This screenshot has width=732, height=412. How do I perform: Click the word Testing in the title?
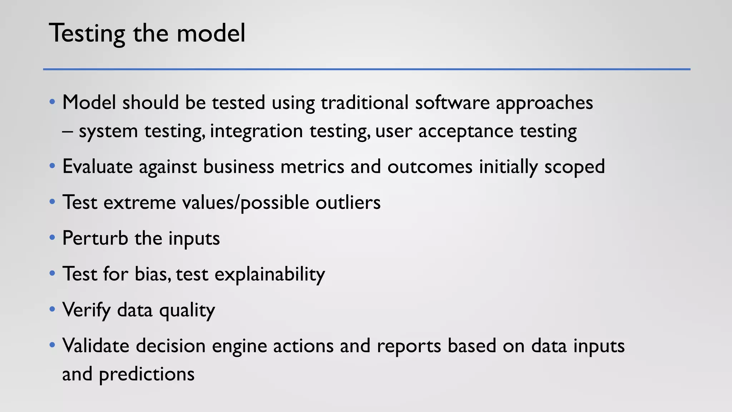(87, 33)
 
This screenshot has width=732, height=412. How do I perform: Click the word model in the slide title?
(211, 33)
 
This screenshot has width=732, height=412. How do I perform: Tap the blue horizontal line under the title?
(366, 69)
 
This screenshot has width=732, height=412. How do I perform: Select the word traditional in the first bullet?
(365, 103)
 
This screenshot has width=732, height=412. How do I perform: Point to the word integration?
(256, 131)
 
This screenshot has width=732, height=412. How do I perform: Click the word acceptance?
(466, 131)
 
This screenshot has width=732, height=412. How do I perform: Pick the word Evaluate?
(97, 167)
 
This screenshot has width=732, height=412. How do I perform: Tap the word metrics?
(312, 167)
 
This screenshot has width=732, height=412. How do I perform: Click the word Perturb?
(95, 238)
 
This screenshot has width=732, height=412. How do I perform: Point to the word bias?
(152, 274)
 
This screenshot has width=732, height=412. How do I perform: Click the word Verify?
(86, 310)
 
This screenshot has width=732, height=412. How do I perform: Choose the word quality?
(187, 310)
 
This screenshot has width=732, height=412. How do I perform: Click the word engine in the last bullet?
(239, 346)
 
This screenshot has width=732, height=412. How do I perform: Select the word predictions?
(147, 374)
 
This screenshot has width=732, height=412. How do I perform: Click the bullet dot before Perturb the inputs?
(52, 237)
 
